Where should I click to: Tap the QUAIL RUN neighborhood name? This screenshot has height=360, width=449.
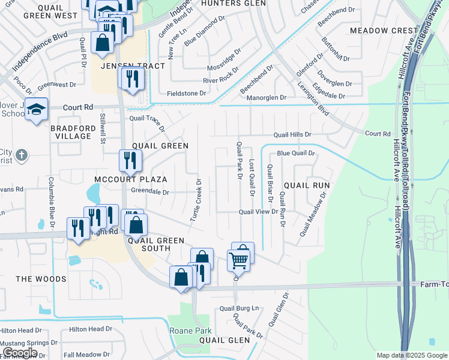coord(307,185)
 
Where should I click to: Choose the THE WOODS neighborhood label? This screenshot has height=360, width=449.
coord(41,279)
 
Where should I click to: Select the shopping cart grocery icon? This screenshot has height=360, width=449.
coord(239,260)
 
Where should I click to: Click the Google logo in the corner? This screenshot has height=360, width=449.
coord(20,352)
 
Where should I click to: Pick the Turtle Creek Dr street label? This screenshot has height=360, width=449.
coord(196,200)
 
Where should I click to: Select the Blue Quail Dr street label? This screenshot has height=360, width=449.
coord(295,154)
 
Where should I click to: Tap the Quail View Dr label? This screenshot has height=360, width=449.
coord(258,212)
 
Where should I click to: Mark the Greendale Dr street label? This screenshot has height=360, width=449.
coord(151,193)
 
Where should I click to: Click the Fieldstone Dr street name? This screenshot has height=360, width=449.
coord(187,94)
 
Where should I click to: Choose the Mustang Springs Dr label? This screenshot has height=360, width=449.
coord(29,342)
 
